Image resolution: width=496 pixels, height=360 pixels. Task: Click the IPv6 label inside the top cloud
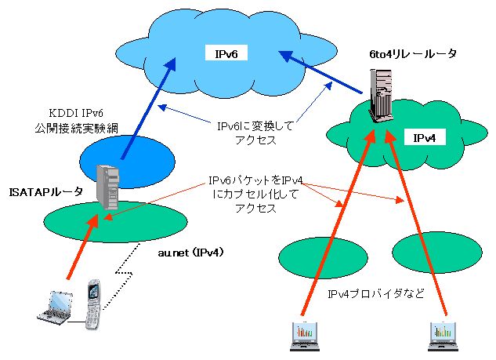click(x=226, y=53)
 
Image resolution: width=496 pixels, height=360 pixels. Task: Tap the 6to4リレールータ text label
click(x=411, y=54)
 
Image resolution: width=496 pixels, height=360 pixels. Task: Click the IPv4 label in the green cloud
click(x=429, y=138)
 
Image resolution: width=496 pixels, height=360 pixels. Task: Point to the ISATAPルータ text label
click(x=41, y=191)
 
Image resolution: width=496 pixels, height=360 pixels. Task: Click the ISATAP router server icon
click(x=107, y=185)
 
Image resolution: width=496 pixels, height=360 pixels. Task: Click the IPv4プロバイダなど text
click(x=375, y=294)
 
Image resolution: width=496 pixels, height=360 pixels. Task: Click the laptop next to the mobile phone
click(x=57, y=307)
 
